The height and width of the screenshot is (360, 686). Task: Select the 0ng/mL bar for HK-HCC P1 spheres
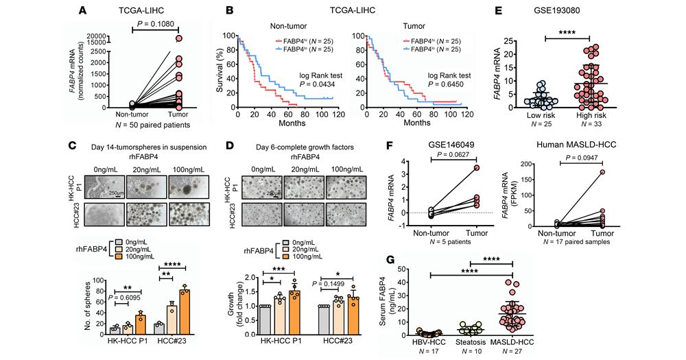pos(115,329)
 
